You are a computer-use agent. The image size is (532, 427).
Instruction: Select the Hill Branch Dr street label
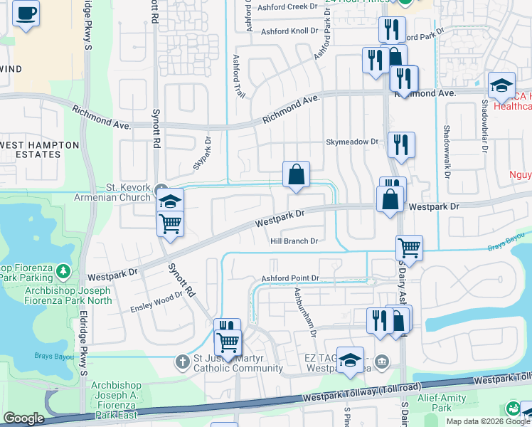pos(293,241)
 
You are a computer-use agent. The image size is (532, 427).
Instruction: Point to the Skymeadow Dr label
pos(352,142)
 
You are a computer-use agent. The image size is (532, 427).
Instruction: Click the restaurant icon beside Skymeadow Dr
pos(401,144)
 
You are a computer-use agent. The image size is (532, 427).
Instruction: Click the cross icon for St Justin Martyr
pos(183,361)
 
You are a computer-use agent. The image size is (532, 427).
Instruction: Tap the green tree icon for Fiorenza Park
pos(63,271)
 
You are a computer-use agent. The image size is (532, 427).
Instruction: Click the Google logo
pos(23,418)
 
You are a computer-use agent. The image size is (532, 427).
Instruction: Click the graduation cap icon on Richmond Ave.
pos(501,85)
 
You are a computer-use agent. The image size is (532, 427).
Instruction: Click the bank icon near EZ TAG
pos(383,362)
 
